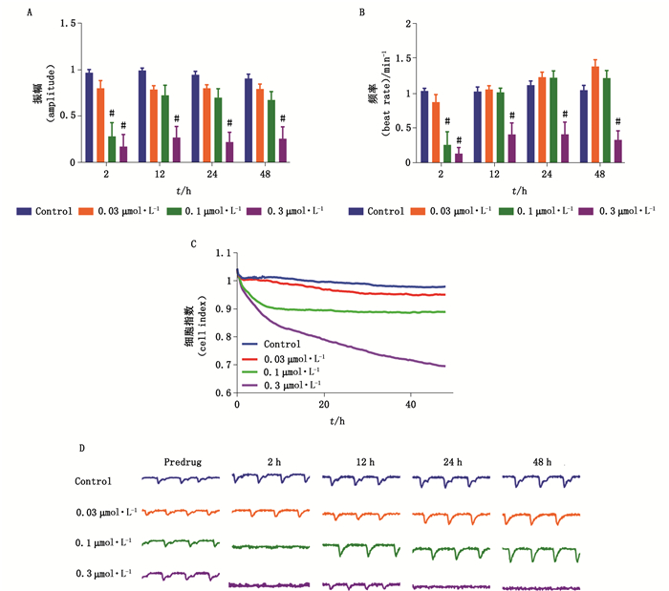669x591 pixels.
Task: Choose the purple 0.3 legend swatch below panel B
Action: click(x=590, y=210)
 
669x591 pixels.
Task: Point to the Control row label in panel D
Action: click(x=94, y=482)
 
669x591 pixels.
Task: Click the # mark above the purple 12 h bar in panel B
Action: click(x=512, y=116)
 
